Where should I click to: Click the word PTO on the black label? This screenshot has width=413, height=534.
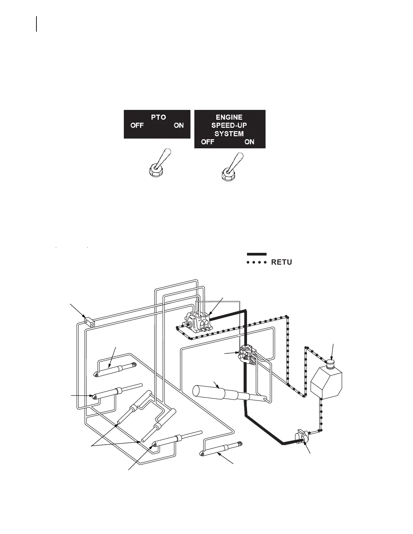pyautogui.click(x=158, y=117)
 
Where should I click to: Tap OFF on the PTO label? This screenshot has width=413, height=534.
pyautogui.click(x=137, y=125)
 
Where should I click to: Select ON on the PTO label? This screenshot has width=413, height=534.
pyautogui.click(x=179, y=125)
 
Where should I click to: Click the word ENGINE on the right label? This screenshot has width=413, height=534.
pyautogui.click(x=229, y=117)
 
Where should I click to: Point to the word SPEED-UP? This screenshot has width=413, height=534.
pyautogui.click(x=229, y=125)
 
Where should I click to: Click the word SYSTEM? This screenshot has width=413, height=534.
pyautogui.click(x=229, y=133)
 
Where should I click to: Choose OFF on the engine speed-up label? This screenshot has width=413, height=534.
pyautogui.click(x=208, y=142)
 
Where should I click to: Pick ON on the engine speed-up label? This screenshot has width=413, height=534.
pyautogui.click(x=249, y=142)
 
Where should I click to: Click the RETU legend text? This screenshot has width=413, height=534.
pyautogui.click(x=281, y=262)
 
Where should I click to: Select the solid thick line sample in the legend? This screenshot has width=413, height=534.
pyautogui.click(x=256, y=254)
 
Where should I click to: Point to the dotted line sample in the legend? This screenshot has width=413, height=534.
pyautogui.click(x=256, y=262)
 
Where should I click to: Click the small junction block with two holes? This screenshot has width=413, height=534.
pyautogui.click(x=89, y=322)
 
